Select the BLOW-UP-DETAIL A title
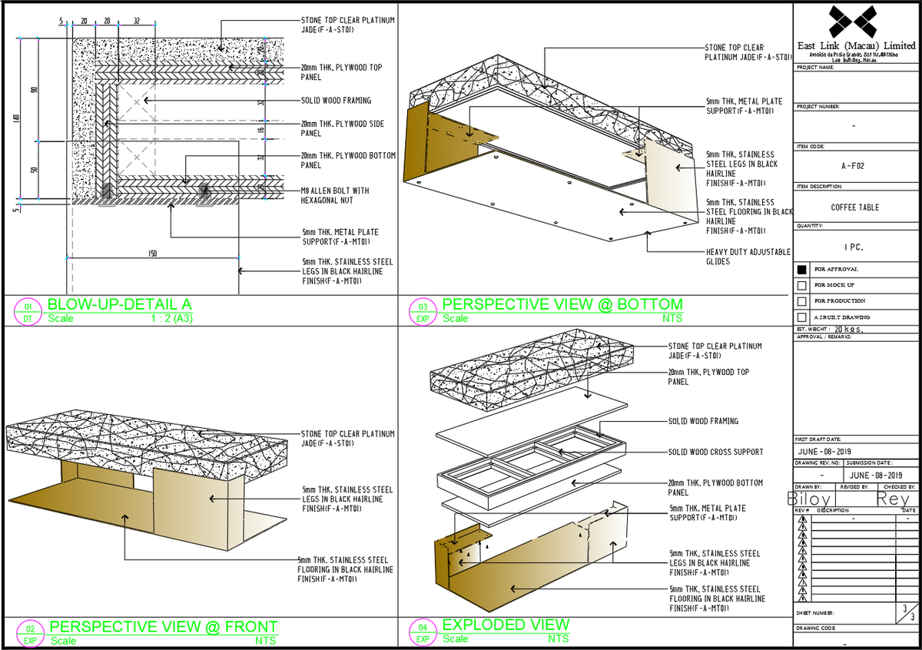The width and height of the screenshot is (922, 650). point(119,303)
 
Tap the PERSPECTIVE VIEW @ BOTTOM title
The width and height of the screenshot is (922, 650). point(562,303)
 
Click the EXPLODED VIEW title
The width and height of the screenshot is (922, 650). point(506,625)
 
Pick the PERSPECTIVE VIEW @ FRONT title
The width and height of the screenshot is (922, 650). point(163,626)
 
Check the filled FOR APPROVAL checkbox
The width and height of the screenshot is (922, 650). point(802,270)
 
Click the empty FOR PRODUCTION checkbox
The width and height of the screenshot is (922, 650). point(802,301)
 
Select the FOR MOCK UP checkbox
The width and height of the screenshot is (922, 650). point(802,285)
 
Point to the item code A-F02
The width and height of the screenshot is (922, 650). point(854,164)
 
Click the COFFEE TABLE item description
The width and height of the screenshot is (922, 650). point(854,207)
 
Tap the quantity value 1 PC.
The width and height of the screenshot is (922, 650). point(854,247)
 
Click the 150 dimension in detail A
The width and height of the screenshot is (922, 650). point(154,254)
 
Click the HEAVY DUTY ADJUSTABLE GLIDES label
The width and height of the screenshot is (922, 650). point(748,257)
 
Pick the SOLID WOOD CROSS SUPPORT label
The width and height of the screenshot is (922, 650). point(715,452)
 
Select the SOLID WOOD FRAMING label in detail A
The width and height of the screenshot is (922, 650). point(336,101)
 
